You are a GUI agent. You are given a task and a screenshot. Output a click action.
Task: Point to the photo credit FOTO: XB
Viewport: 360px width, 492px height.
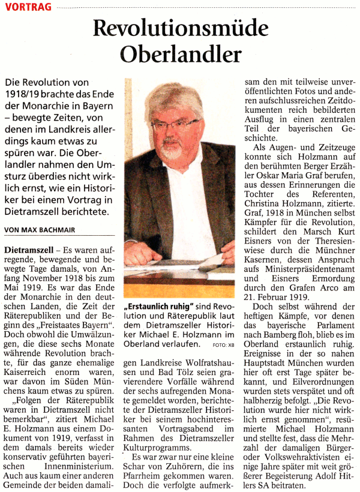pyautogui.click(x=223, y=346)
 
